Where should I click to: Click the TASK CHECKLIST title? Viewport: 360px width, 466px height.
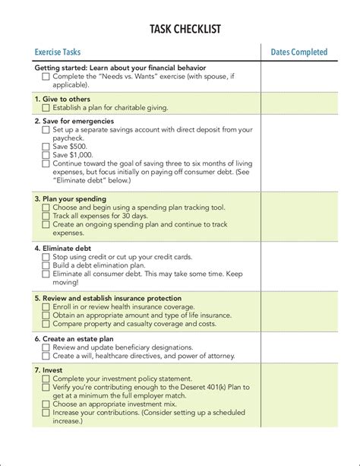(179, 28)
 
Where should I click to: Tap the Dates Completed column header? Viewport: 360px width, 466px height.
(299, 52)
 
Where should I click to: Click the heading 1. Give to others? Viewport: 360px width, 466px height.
(62, 99)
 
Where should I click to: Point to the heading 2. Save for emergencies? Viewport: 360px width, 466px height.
(74, 120)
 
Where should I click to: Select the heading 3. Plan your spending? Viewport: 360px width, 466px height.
(70, 198)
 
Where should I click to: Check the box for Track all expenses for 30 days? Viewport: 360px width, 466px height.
(46, 216)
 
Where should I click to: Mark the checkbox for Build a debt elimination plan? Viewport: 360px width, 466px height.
(46, 265)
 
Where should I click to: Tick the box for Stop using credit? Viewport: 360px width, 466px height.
(46, 257)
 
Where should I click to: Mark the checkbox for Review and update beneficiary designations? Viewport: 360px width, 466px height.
(46, 347)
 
